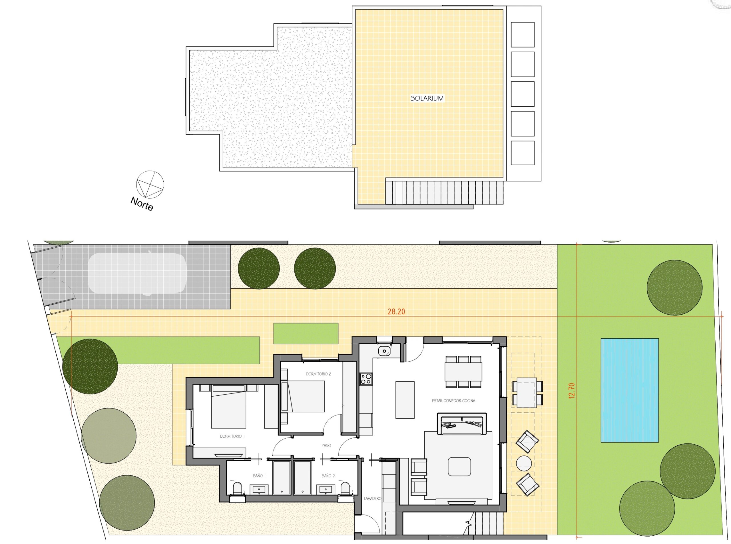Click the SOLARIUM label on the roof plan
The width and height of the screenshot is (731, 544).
coord(427,98)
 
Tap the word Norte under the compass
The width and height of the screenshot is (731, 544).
coord(142,203)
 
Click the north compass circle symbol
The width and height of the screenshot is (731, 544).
coord(150,184)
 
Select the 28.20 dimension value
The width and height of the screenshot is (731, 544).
coord(396,311)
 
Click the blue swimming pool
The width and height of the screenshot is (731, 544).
coord(630,390)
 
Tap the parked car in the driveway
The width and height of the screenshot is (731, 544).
coord(137,273)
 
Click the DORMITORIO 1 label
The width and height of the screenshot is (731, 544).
coord(232,436)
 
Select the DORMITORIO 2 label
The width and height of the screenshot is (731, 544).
coord(318,374)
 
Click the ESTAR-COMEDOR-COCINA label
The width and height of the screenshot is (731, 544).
coord(453,401)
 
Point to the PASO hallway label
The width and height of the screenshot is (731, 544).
coord(326,445)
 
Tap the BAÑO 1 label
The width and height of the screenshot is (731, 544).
coord(259,475)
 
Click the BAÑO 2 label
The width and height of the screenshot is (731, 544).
coord(328,475)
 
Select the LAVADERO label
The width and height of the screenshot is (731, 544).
coord(372,499)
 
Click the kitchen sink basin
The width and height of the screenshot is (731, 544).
coord(384,351)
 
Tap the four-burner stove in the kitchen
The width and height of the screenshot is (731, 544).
coord(366,378)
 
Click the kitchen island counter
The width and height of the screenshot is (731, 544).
coord(405,400)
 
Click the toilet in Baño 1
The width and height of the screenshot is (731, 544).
coord(237,489)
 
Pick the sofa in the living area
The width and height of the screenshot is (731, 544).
coord(461,423)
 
